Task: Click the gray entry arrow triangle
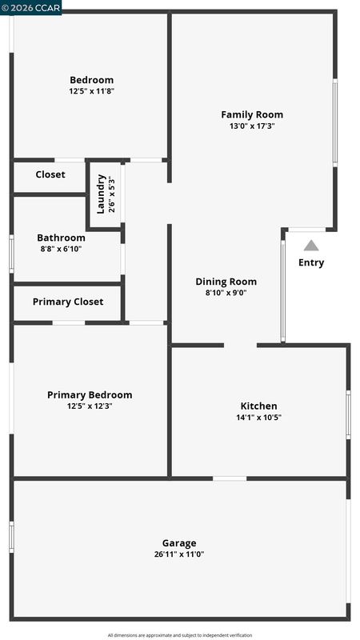[x=311, y=246]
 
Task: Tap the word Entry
[x=311, y=263]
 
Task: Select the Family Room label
[x=252, y=115]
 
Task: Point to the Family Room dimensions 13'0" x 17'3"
[x=252, y=126]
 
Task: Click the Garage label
[x=179, y=544]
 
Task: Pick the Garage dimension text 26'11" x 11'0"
[x=179, y=554]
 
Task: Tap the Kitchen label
[x=258, y=406]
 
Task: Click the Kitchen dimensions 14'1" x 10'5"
[x=258, y=418]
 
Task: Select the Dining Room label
[x=226, y=282]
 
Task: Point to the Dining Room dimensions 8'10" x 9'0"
[x=226, y=293]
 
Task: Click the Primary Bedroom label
[x=90, y=395]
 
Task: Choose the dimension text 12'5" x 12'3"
[x=90, y=406]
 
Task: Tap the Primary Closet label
[x=68, y=302]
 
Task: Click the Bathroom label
[x=62, y=238]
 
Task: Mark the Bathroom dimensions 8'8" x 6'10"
[x=62, y=249]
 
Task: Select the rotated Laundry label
[x=102, y=194]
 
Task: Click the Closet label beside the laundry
[x=50, y=174]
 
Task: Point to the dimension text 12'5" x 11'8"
[x=91, y=91]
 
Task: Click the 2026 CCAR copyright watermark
[x=31, y=7]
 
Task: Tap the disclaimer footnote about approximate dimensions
[x=180, y=635]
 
